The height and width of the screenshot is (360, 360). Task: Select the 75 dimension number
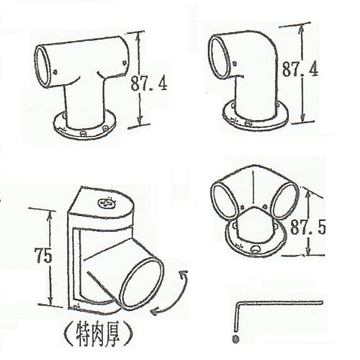click(x=43, y=255)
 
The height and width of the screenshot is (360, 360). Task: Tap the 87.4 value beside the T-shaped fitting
click(x=149, y=84)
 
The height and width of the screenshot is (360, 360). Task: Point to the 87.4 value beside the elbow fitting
click(x=300, y=68)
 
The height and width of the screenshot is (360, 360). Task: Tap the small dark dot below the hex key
click(x=236, y=338)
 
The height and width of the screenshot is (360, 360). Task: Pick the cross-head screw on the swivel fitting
click(x=107, y=204)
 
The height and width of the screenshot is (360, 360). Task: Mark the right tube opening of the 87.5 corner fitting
click(x=286, y=200)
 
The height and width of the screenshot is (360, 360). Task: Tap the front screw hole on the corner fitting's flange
click(x=255, y=249)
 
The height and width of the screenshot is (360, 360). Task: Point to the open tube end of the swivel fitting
click(x=141, y=283)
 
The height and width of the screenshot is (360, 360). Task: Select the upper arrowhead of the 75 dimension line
click(x=50, y=214)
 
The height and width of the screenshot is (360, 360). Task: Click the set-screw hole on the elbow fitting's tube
click(x=235, y=64)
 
